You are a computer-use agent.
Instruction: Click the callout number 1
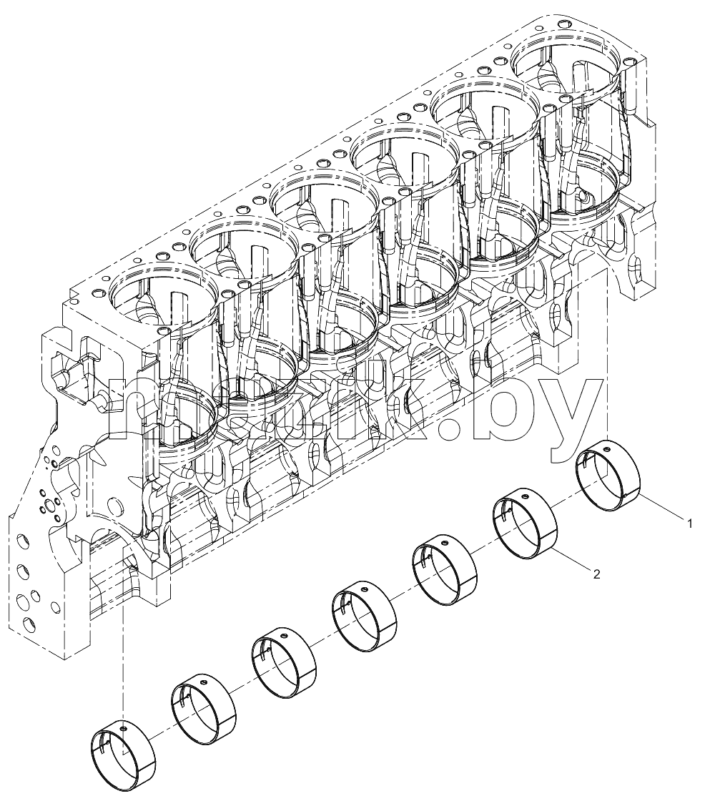pyautogui.click(x=690, y=524)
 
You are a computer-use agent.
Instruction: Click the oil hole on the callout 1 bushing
pyautogui.click(x=607, y=449)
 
